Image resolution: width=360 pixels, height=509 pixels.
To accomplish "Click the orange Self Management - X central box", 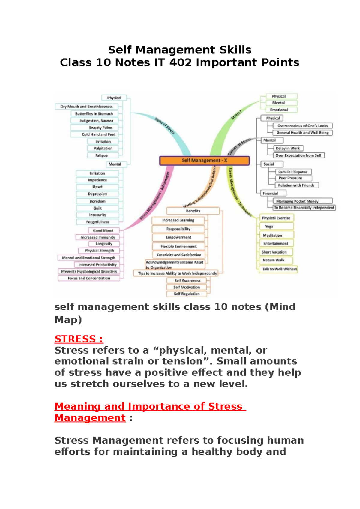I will click(x=204, y=161).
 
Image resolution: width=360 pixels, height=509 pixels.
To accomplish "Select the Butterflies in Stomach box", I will click(x=94, y=114).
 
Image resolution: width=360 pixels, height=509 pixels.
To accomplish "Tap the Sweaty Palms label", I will click(x=100, y=128).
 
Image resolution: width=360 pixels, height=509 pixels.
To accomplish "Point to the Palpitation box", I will click(x=103, y=148).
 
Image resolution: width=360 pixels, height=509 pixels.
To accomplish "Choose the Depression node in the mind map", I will click(x=97, y=194).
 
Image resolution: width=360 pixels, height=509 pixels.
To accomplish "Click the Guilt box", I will click(x=97, y=208).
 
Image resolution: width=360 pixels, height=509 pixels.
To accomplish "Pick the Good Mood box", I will click(x=103, y=230).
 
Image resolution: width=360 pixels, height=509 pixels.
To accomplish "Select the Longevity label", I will click(x=104, y=244).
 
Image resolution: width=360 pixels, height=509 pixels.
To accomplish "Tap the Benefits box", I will click(x=193, y=211).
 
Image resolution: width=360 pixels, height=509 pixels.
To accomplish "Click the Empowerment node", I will click(x=178, y=237).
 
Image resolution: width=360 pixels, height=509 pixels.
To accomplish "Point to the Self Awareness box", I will click(x=187, y=281).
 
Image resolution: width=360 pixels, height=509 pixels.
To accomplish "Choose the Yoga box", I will click(x=269, y=227).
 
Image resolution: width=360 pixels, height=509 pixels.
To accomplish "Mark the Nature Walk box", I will click(x=273, y=260).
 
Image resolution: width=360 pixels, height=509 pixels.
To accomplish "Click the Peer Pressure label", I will click(x=290, y=178).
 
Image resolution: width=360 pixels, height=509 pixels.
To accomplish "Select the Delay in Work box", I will click(x=288, y=148).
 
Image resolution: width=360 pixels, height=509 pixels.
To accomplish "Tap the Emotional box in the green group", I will click(x=279, y=110).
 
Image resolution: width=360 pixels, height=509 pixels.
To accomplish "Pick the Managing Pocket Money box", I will click(x=297, y=201).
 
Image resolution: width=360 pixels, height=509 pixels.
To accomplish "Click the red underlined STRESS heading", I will click(x=79, y=339).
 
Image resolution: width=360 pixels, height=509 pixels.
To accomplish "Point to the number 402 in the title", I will click(x=181, y=62).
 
